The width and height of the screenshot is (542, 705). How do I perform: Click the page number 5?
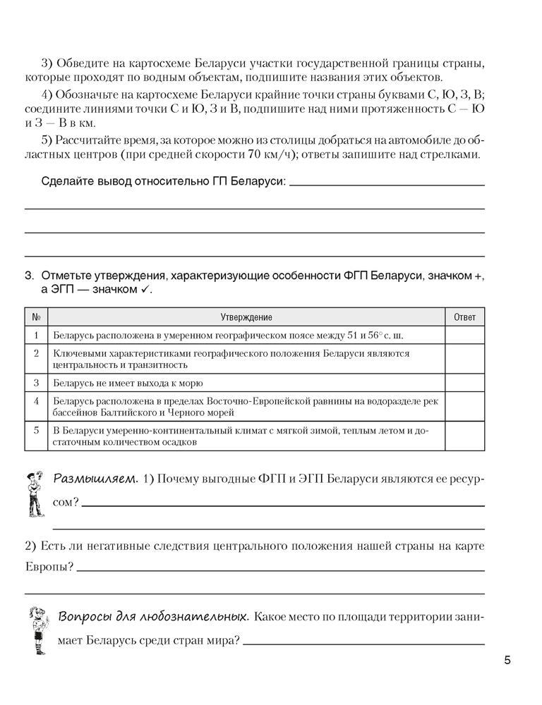coord(507,661)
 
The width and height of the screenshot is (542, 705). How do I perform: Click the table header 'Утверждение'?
coord(246,317)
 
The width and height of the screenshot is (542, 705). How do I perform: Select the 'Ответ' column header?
coord(464,317)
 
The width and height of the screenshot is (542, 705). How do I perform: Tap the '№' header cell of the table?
coord(36,317)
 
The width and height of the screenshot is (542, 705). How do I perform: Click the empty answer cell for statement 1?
coord(464,335)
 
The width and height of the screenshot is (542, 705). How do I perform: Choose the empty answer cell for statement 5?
coord(464,436)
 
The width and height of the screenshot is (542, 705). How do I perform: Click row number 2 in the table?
coord(36,353)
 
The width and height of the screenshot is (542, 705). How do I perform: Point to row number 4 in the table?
coord(36,401)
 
